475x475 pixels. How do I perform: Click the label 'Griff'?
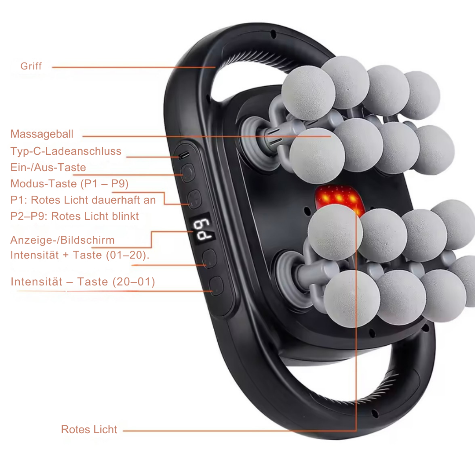click(31, 66)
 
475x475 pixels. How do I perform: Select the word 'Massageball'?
click(42, 134)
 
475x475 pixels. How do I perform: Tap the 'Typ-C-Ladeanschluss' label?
click(66, 151)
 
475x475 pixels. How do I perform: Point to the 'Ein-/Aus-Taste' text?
click(48, 167)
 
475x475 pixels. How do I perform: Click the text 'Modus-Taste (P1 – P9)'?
click(69, 183)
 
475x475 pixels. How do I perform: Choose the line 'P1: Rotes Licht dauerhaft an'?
click(83, 200)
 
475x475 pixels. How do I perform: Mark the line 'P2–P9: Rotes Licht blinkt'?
click(74, 216)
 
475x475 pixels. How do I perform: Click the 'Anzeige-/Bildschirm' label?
click(62, 240)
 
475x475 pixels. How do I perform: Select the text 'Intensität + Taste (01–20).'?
click(80, 255)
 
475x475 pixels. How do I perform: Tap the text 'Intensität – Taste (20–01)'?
click(83, 282)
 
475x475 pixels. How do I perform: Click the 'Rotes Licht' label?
click(89, 430)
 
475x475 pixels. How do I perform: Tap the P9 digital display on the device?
click(202, 230)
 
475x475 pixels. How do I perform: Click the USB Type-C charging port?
click(183, 156)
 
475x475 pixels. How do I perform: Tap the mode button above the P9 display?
click(194, 199)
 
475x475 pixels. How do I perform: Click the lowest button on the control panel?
click(216, 286)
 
